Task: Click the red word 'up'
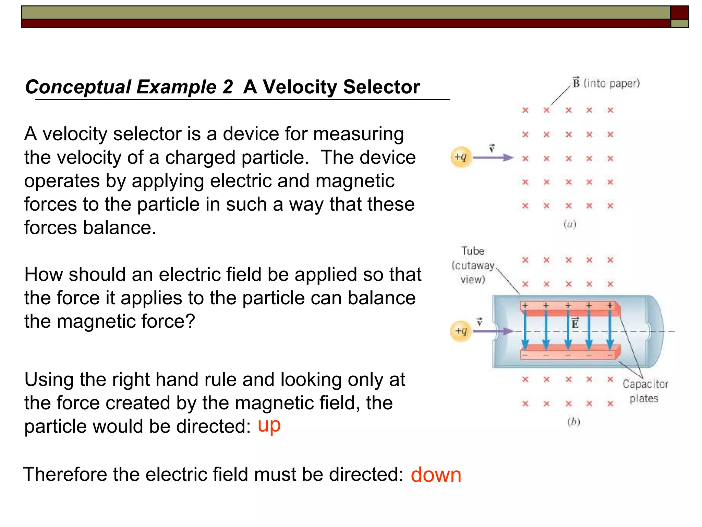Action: [x=269, y=426]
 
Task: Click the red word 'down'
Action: [x=436, y=475]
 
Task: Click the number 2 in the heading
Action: [x=227, y=87]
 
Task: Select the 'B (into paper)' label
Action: [x=606, y=83]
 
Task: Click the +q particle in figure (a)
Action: [x=461, y=157]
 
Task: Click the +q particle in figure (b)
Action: [x=461, y=331]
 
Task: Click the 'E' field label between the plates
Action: [x=575, y=323]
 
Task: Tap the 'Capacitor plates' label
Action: [x=645, y=391]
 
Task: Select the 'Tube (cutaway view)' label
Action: [x=473, y=265]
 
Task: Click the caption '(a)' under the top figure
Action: [x=570, y=225]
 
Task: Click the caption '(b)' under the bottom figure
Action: [x=573, y=422]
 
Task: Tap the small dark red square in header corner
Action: [x=679, y=12]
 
